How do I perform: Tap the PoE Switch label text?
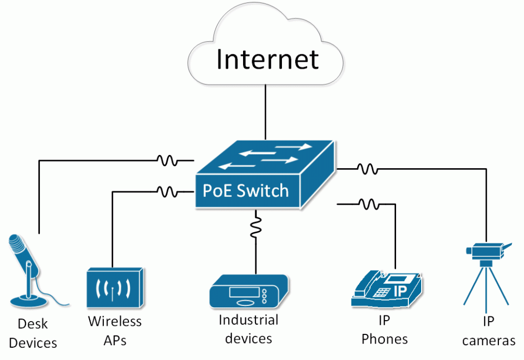click(246, 191)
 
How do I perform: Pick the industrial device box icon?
click(249, 291)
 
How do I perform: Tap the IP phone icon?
click(387, 289)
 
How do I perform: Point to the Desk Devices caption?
click(33, 333)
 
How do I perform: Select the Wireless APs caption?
click(115, 330)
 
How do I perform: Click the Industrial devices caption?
click(249, 329)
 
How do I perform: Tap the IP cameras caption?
click(489, 331)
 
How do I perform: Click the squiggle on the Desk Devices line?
click(168, 161)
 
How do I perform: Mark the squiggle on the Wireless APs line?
click(168, 192)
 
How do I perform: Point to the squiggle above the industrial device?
click(254, 226)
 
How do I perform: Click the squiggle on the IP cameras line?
click(367, 168)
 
